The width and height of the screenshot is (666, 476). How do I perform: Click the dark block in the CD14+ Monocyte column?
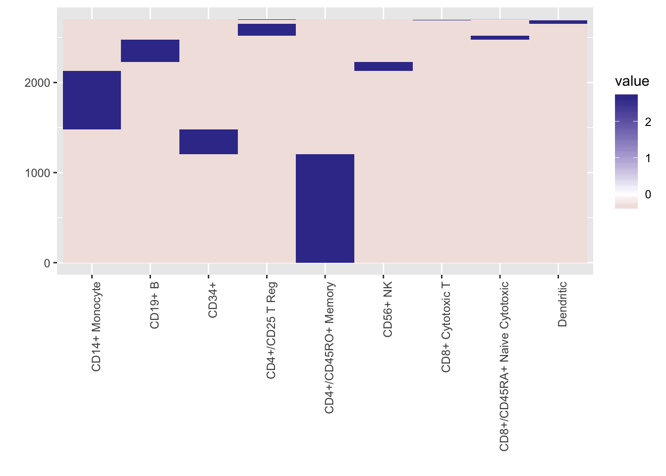[92, 100]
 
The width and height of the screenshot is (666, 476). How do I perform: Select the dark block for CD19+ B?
[150, 51]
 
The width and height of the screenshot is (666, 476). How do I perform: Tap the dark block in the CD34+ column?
[209, 142]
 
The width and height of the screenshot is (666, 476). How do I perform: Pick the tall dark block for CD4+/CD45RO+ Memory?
[325, 208]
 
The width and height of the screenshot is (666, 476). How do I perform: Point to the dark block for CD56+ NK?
[384, 66]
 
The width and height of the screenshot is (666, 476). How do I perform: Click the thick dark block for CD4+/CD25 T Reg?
[267, 30]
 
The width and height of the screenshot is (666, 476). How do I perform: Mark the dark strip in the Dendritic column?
[558, 22]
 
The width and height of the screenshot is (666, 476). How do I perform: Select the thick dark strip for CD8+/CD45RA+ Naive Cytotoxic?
[500, 38]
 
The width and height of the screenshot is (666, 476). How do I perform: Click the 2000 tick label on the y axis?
[38, 83]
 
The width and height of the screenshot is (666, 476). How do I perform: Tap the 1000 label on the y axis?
[38, 173]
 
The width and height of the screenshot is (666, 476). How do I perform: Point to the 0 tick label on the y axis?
[47, 263]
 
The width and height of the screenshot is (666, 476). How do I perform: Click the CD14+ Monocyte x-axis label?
[96, 327]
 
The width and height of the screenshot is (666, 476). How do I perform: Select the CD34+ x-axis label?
[213, 300]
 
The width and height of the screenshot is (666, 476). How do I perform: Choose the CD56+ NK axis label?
[388, 309]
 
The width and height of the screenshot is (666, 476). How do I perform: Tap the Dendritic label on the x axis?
[562, 304]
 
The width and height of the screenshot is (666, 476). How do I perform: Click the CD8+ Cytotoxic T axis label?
[446, 328]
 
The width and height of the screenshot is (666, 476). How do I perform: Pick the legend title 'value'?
[632, 81]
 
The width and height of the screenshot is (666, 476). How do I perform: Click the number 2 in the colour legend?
[648, 121]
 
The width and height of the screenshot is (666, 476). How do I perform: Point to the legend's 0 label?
[648, 194]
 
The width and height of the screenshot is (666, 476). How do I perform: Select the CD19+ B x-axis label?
[155, 305]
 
